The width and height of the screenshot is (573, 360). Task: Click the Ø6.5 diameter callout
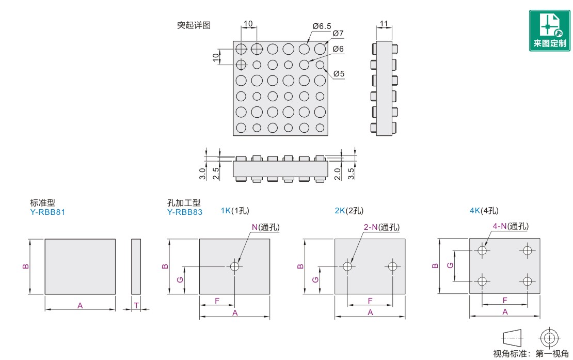(322, 25)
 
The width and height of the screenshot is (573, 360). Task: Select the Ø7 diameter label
(338, 34)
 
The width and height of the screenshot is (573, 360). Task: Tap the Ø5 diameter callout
(339, 74)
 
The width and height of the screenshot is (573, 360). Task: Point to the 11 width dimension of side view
(384, 24)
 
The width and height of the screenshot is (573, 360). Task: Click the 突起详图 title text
(194, 25)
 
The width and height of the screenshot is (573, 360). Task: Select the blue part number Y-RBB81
(48, 212)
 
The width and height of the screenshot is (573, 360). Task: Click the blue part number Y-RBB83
(185, 212)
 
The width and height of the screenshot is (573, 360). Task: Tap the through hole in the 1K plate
(235, 267)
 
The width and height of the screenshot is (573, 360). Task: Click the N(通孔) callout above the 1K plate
(266, 227)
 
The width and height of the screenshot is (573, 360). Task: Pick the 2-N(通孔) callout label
(381, 227)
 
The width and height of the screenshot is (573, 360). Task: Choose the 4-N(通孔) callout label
(511, 226)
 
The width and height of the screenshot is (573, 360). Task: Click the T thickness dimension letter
(136, 305)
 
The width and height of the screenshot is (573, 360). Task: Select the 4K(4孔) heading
(484, 210)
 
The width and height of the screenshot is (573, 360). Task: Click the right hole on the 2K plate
(392, 267)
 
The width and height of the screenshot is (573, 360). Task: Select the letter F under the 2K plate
(370, 300)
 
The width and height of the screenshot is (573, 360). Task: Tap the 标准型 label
(42, 203)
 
